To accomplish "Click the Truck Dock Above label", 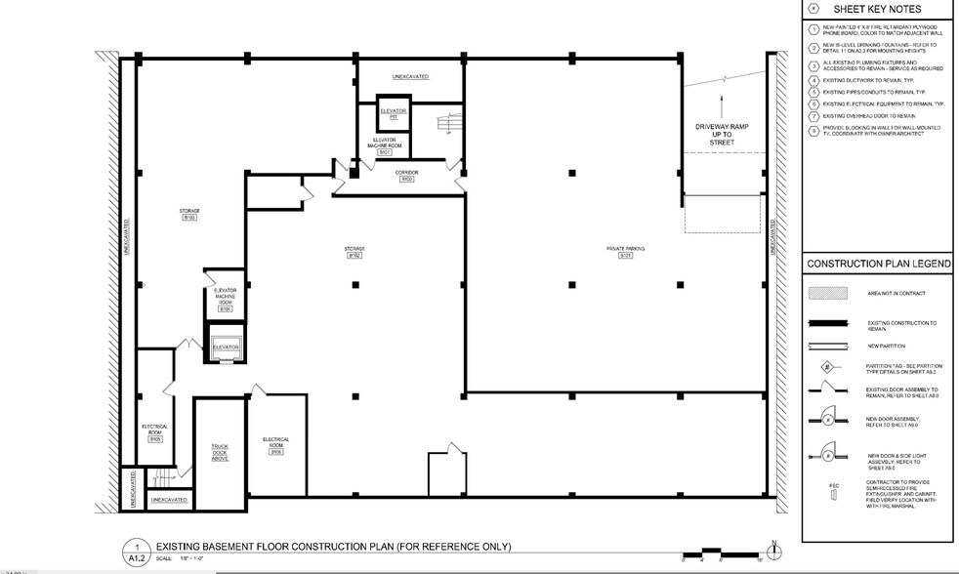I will pyautogui.click(x=220, y=452).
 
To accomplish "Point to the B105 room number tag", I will pyautogui.click(x=155, y=440).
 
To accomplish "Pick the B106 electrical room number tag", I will pyautogui.click(x=276, y=452).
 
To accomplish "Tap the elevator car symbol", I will pyautogui.click(x=226, y=347).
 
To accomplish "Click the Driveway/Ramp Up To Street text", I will pyautogui.click(x=721, y=135).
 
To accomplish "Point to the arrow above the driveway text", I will pyautogui.click(x=721, y=103).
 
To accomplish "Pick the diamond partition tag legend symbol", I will pyautogui.click(x=826, y=369).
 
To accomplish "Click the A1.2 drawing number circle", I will pyautogui.click(x=138, y=551).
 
